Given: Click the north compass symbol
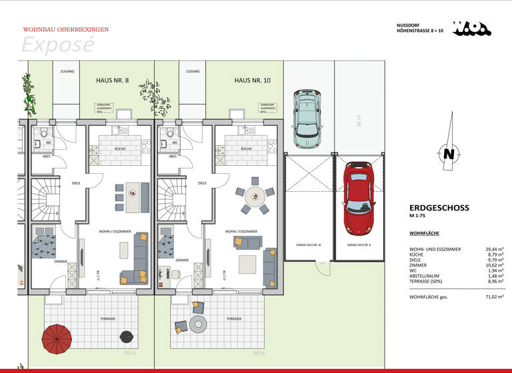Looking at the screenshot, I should (x=449, y=153).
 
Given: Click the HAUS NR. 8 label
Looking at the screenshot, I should (x=113, y=80).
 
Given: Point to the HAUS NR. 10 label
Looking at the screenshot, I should (x=252, y=80).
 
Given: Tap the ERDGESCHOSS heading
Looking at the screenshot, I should (x=439, y=208).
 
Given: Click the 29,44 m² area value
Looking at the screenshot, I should (x=494, y=248).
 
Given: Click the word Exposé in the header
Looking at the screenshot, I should (x=57, y=44).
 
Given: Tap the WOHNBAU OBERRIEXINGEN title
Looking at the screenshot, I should (x=66, y=29).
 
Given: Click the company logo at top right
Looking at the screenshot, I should (x=471, y=28).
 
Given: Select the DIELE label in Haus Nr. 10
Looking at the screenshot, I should (x=202, y=183).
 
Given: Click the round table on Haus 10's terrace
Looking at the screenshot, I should (x=199, y=324).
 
